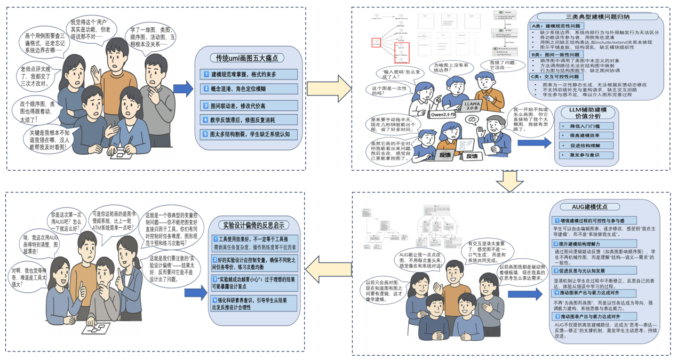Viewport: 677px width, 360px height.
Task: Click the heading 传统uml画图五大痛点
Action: click(247, 58)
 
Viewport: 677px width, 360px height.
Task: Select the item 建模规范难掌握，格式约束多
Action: click(250, 74)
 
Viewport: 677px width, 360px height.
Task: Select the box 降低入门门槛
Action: click(584, 126)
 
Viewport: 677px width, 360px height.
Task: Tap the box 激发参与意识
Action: click(584, 155)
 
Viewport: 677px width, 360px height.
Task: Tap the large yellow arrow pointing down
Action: click(513, 182)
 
